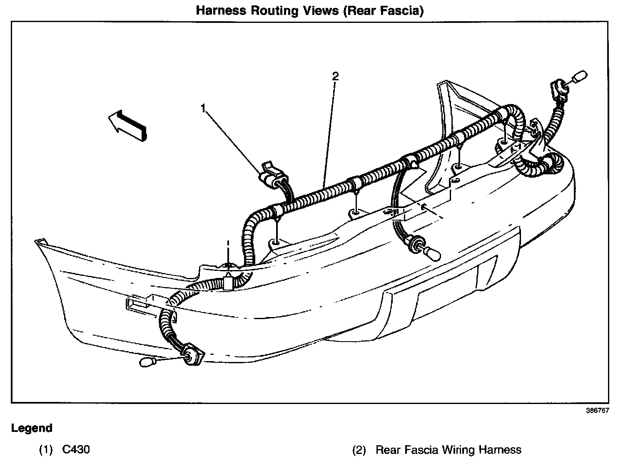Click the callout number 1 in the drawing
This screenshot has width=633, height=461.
(203, 109)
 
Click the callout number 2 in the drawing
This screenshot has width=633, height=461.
(335, 76)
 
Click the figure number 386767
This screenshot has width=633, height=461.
(598, 410)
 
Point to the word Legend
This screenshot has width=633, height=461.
(32, 428)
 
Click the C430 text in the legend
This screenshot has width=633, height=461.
(76, 450)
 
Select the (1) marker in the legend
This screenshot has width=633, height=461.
(46, 450)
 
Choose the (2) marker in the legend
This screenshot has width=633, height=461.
(359, 450)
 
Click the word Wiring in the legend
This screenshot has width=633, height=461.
(459, 450)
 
